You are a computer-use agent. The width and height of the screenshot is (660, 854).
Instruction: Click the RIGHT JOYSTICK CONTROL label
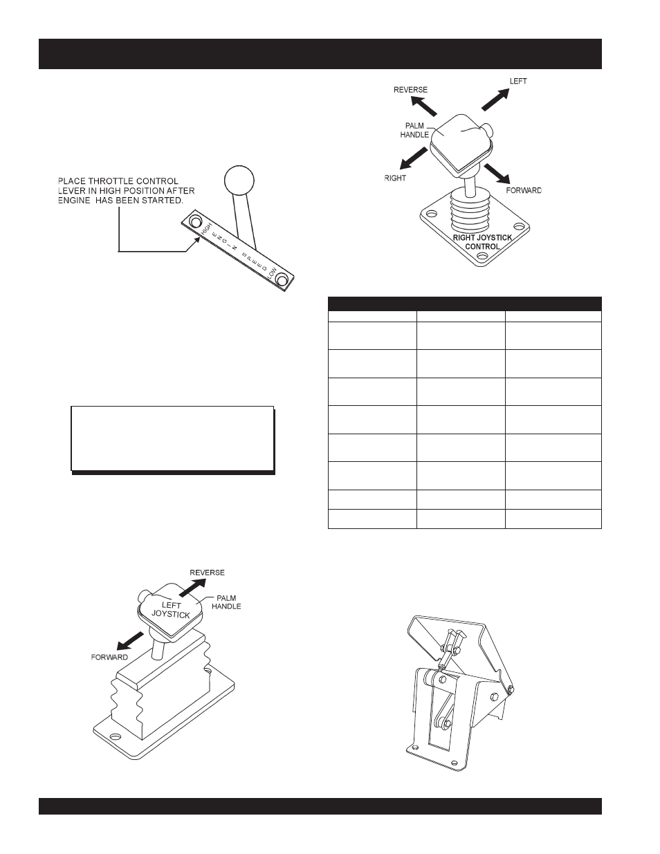point(482,242)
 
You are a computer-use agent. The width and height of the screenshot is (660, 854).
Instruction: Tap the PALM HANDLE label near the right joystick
point(414,131)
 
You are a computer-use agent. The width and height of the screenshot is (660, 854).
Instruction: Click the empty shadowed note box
point(173,439)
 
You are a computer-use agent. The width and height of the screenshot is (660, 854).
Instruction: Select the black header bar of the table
point(464,304)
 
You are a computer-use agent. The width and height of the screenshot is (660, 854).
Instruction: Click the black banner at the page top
point(320,54)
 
